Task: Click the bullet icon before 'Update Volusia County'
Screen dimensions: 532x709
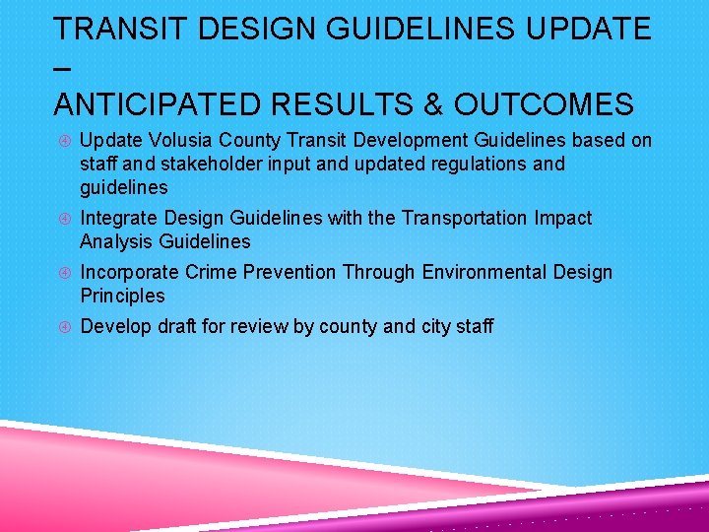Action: pos(61,141)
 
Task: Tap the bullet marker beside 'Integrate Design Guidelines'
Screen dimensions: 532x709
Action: pos(61,219)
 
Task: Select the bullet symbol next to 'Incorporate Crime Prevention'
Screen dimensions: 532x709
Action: pos(61,273)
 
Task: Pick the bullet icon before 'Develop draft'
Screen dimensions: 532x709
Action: pos(61,327)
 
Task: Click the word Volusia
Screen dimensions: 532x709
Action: pos(173,140)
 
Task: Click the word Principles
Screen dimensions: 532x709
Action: pos(122,296)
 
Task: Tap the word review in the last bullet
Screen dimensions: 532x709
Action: pos(263,326)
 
